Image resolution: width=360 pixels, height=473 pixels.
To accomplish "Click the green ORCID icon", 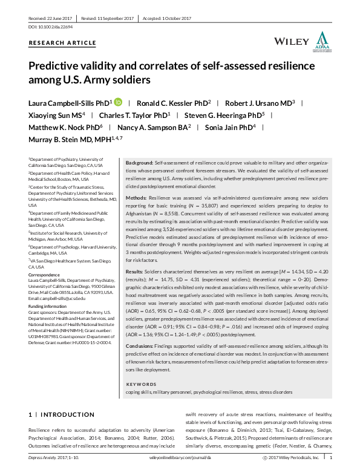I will [118, 102].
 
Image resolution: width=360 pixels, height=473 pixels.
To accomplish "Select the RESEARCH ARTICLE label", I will [62, 43].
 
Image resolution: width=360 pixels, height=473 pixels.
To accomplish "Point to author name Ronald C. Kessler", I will [169, 103].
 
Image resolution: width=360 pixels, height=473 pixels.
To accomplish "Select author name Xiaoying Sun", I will [53, 115].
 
